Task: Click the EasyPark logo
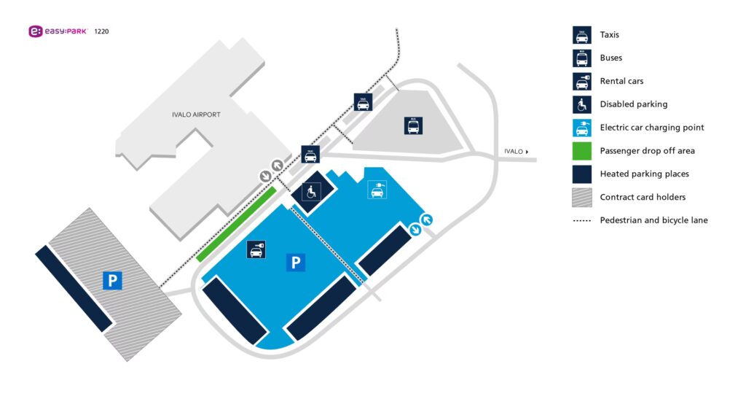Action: click(x=58, y=31)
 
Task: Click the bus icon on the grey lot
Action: click(x=414, y=125)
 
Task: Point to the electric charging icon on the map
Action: click(x=377, y=190)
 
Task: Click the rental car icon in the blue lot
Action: click(x=256, y=249)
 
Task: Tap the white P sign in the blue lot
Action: click(x=295, y=263)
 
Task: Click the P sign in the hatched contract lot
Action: click(x=112, y=280)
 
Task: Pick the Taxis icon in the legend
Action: click(x=581, y=35)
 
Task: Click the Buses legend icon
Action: click(x=581, y=58)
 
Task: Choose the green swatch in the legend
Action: click(x=581, y=151)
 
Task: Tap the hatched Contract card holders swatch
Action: click(x=581, y=197)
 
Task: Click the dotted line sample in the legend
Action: click(x=581, y=220)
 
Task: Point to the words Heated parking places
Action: click(x=644, y=174)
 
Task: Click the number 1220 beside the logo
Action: click(x=102, y=31)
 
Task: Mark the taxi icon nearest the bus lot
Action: click(x=363, y=102)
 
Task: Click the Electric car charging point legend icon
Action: click(x=581, y=128)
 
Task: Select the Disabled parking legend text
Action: click(x=633, y=104)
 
